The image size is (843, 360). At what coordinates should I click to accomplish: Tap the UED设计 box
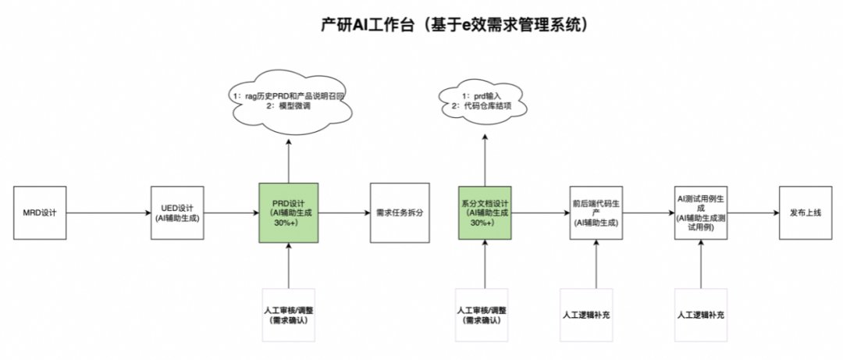(x=176, y=212)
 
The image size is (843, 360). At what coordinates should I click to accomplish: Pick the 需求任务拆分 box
(x=398, y=212)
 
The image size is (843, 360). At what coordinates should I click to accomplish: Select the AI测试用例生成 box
(x=701, y=212)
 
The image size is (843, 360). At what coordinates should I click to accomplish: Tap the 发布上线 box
(x=803, y=212)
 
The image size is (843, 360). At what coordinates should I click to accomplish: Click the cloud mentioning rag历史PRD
(x=288, y=102)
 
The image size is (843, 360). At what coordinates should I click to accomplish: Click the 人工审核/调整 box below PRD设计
(x=289, y=315)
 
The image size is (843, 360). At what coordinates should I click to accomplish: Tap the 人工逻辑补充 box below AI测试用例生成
(x=701, y=315)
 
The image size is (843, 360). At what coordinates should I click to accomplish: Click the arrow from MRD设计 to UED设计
(x=108, y=212)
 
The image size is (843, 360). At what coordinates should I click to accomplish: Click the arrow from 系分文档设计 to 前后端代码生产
(x=540, y=212)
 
